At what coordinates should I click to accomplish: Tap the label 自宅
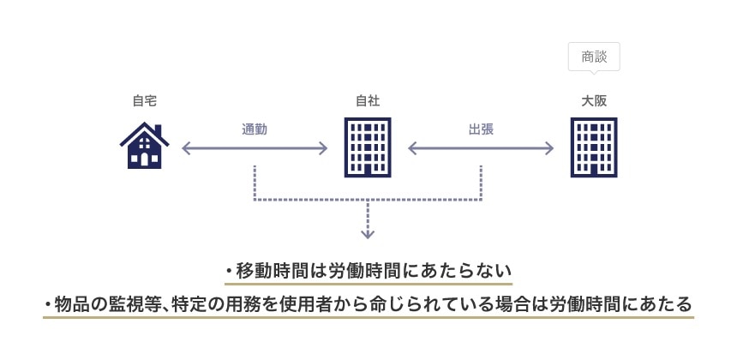144,101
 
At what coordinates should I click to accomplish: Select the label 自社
367,101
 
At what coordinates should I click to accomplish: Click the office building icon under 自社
367,147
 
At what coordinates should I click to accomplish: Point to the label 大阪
594,101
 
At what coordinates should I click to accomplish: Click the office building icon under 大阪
594,147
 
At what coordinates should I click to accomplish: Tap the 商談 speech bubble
594,57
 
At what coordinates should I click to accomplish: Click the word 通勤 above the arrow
255,129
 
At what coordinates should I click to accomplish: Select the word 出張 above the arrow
481,129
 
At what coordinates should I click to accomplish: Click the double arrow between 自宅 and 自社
255,148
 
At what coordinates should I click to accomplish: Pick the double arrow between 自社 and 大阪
481,148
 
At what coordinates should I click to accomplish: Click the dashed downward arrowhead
368,233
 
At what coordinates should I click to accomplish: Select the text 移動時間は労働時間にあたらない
374,271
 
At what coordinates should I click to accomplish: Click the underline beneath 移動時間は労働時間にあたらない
368,284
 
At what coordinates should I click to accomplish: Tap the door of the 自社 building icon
367,171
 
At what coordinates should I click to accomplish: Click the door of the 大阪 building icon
594,171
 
